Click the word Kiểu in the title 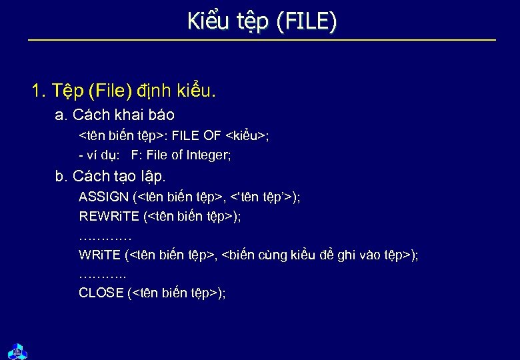click(207, 22)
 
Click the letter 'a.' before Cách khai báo click(61, 115)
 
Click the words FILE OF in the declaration click(197, 136)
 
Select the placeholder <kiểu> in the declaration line click(246, 136)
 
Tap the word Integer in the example click(209, 155)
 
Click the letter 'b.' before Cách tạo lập click(61, 177)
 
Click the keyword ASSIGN click(104, 197)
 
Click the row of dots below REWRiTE click(105, 236)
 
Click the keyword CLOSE click(101, 293)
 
